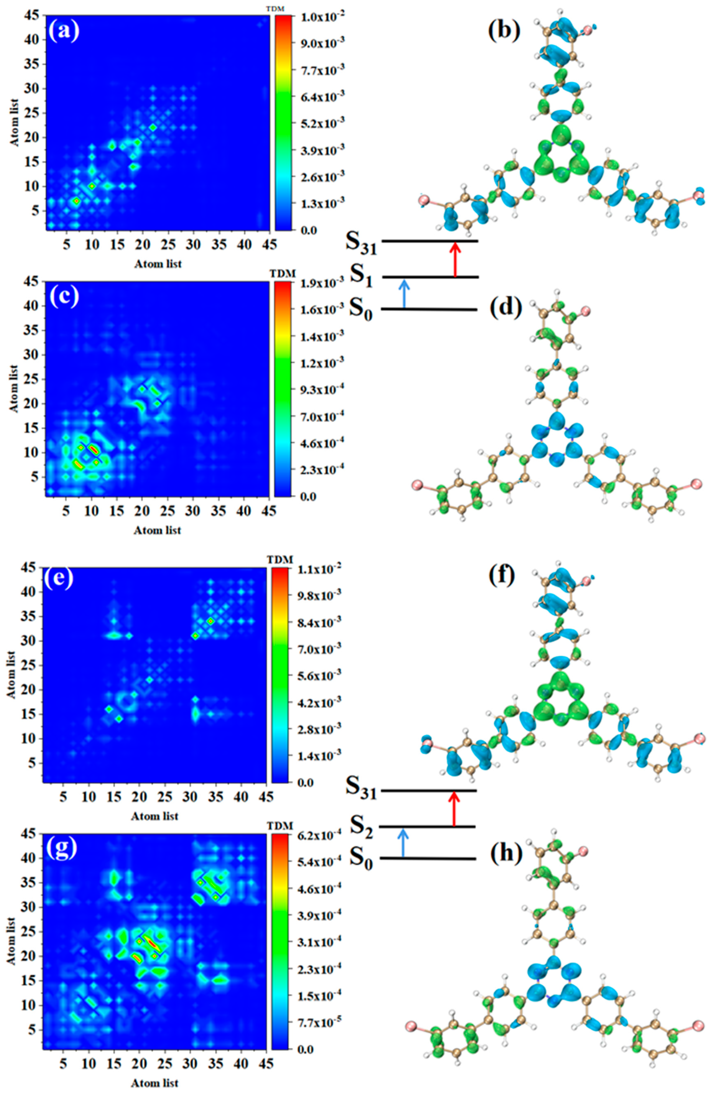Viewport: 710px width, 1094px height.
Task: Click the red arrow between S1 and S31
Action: tap(455, 260)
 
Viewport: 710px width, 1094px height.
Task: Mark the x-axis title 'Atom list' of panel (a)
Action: tap(158, 264)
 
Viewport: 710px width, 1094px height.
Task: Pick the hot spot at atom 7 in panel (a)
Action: tap(76, 201)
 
